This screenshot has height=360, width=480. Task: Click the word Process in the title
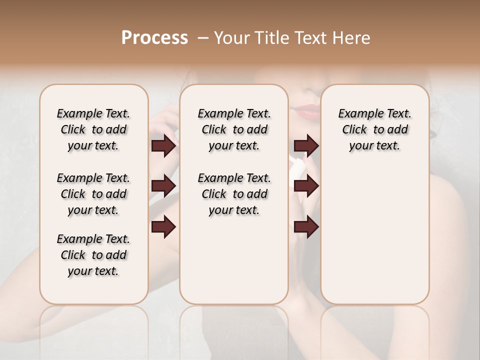154,38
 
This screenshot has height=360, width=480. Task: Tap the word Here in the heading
351,38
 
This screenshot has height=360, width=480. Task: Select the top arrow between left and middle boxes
163,146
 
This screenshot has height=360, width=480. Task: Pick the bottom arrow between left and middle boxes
163,227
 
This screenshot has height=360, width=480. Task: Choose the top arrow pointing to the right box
306,146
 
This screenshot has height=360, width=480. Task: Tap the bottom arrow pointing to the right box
306,227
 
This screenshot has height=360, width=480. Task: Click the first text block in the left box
93,129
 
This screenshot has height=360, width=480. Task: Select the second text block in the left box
93,194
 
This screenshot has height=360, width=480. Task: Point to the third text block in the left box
93,255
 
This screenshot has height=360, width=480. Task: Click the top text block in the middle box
234,129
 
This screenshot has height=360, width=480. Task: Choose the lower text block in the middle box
234,194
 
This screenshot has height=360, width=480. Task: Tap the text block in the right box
374,129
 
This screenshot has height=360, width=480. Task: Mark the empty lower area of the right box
374,235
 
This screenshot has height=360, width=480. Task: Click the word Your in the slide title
230,38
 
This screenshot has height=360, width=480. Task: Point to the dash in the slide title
202,38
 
